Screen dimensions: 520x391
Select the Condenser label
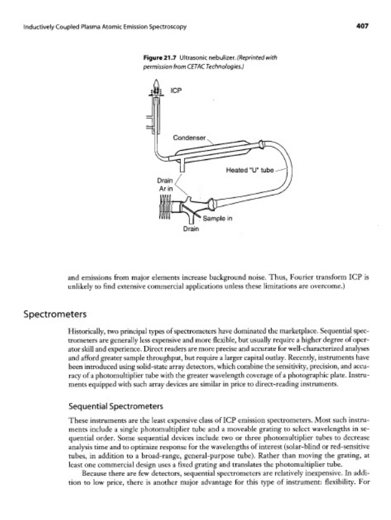189,138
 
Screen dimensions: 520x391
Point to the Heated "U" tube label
249,170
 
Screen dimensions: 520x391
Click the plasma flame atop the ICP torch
155,83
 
